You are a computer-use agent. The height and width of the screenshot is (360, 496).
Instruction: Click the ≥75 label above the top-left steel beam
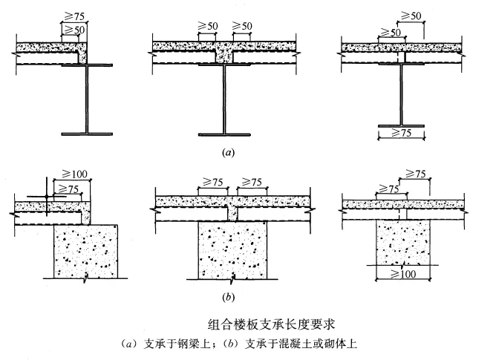(74, 16)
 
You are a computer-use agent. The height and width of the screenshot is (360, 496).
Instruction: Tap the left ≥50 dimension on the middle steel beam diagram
(208, 26)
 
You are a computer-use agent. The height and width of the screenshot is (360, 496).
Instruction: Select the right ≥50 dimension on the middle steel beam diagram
(242, 26)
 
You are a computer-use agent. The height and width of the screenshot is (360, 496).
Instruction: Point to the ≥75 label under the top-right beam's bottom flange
(402, 133)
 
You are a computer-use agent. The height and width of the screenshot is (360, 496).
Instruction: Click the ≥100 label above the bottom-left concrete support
(75, 174)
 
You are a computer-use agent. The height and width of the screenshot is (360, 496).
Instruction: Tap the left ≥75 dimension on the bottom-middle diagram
(212, 182)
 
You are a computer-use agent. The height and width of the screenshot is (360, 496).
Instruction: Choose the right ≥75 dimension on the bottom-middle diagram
(252, 182)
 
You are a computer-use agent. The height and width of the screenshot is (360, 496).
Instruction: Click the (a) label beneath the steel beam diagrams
(228, 153)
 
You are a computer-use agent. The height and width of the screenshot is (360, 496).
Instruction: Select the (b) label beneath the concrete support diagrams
(228, 298)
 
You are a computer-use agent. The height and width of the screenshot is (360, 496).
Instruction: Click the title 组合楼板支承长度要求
(272, 324)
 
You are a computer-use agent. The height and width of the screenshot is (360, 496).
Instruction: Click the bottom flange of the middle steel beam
(224, 135)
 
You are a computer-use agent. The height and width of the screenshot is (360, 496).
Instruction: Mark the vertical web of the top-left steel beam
(87, 99)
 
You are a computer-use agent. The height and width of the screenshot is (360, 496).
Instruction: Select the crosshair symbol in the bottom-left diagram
(47, 197)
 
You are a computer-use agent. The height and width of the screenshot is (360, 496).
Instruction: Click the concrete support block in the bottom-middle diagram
(232, 250)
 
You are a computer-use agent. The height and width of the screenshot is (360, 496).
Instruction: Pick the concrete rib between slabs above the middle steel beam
(224, 56)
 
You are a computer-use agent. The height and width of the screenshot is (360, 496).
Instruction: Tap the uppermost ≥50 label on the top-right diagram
(411, 16)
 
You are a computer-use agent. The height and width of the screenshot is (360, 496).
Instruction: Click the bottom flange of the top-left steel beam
(87, 134)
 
